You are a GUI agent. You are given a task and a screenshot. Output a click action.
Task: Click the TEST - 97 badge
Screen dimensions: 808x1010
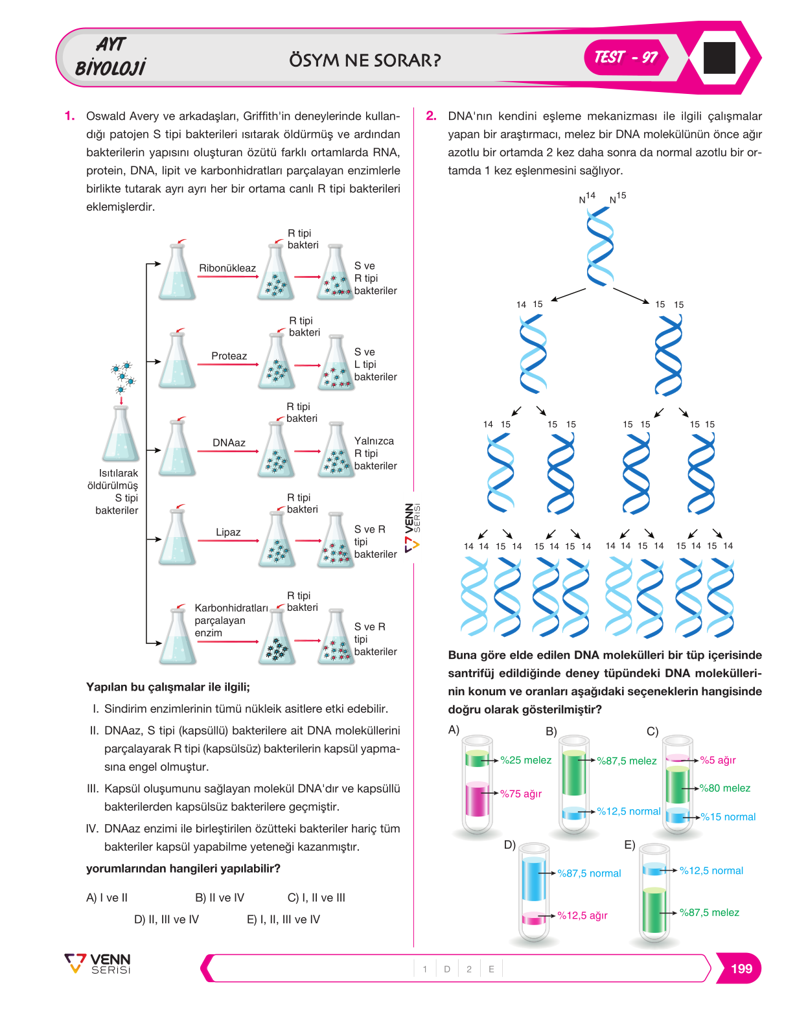tap(626, 57)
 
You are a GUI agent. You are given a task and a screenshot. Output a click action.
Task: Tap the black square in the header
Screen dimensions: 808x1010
tap(719, 58)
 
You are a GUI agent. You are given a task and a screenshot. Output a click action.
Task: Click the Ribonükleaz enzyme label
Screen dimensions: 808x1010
tap(227, 268)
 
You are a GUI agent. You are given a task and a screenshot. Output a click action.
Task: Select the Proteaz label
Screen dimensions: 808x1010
tap(229, 356)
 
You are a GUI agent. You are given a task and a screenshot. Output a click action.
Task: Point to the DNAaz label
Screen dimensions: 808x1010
tap(229, 442)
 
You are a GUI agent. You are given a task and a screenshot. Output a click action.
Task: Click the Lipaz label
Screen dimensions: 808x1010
tap(228, 533)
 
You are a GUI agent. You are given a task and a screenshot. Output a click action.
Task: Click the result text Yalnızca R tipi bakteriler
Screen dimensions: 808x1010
tap(375, 453)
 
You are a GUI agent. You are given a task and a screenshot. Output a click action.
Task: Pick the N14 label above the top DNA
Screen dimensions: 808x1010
tap(587, 198)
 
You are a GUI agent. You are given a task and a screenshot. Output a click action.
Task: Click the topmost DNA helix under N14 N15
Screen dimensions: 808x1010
tap(599, 246)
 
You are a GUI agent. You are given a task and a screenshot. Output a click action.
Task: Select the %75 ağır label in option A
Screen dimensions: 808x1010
tap(520, 794)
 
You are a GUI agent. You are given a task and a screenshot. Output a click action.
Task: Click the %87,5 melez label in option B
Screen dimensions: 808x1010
tap(627, 761)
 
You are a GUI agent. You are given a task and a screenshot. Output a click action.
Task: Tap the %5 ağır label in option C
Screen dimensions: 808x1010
tap(717, 760)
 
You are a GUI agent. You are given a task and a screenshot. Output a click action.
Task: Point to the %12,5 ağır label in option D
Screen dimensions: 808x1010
tap(582, 915)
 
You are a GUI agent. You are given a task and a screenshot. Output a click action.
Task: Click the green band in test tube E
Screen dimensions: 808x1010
tap(654, 910)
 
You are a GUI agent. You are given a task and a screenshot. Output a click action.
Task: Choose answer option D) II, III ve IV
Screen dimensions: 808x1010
tap(167, 919)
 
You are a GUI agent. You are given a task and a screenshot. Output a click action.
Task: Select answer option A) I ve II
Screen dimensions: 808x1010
tap(106, 897)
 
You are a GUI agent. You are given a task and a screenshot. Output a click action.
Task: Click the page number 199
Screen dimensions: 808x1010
tap(741, 969)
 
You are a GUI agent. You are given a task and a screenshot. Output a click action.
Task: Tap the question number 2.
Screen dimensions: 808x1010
tap(430, 115)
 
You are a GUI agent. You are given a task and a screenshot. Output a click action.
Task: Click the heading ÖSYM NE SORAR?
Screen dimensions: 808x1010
tap(365, 60)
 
